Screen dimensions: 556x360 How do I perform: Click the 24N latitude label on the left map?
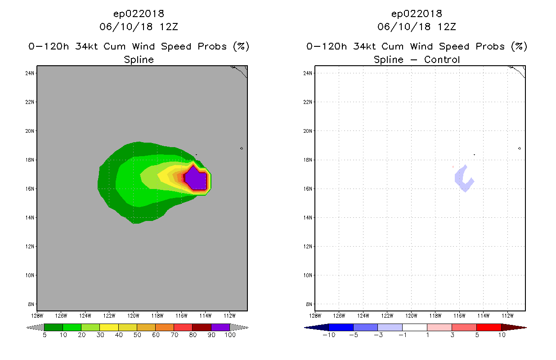coord(30,73)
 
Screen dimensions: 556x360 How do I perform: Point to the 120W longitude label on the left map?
coord(133,316)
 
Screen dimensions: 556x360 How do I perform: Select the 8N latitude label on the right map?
coord(309,304)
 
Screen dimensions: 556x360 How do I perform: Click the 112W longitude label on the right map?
coord(507,316)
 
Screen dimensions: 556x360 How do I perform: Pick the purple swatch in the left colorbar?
coord(220,327)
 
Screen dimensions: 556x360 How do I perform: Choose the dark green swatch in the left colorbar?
coord(54,327)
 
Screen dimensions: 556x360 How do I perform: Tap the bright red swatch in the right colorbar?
coord(489,327)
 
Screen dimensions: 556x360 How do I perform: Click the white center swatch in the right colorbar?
coord(415,327)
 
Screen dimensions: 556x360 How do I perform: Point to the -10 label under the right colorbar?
coord(329,335)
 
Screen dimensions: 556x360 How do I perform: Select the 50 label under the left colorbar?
coord(137,335)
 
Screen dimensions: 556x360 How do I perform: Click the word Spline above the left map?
coord(139,60)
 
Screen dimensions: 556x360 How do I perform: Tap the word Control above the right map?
coord(442,60)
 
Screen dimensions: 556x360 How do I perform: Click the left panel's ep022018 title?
coord(139,13)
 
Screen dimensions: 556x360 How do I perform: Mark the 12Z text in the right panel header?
coord(447,27)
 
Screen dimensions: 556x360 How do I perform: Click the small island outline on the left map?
coord(242,148)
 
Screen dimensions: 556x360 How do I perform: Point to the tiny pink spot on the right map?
coord(453,167)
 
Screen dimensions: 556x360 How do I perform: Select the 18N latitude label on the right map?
coord(308,160)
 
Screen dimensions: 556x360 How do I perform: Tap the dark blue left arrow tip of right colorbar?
coord(305,328)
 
